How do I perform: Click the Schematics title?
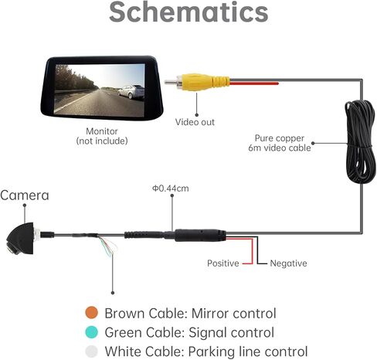(188, 12)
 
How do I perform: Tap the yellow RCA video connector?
(202, 82)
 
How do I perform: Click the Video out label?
(195, 122)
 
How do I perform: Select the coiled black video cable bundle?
(360, 141)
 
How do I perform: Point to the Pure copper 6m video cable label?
(280, 143)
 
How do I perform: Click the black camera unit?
(21, 239)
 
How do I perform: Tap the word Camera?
(25, 195)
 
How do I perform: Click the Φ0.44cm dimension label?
(171, 188)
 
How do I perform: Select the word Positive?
(223, 263)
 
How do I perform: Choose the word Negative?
(288, 263)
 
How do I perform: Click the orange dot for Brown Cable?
(91, 313)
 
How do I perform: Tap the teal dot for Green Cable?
(91, 332)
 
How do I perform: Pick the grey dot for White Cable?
(91, 352)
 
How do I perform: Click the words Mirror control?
(234, 314)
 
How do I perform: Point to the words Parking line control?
(248, 352)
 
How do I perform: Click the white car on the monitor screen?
(131, 92)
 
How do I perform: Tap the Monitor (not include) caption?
(102, 136)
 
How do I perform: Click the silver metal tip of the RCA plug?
(171, 82)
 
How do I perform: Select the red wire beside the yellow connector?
(254, 83)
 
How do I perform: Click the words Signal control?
(231, 332)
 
